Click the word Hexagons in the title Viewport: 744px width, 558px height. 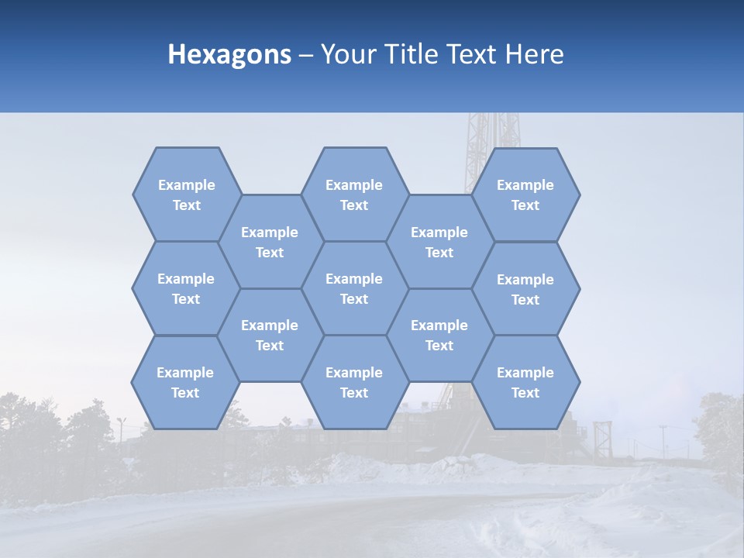[x=229, y=54]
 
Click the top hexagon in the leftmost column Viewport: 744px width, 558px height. [x=186, y=195]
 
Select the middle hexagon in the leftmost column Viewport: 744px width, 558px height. [x=186, y=288]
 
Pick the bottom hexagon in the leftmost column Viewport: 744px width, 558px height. [x=185, y=382]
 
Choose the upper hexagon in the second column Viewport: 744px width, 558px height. [x=270, y=242]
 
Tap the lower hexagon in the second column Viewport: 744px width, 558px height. [x=270, y=335]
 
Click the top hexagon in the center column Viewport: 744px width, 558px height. [x=354, y=195]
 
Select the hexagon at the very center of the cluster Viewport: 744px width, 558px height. [x=354, y=288]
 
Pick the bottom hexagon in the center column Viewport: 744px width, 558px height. [x=354, y=382]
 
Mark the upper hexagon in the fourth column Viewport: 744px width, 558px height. [x=439, y=242]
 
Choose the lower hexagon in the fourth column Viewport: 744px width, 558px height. [x=439, y=335]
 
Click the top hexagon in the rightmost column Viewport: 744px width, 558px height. [x=525, y=195]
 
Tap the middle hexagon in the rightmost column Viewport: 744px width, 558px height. [x=525, y=289]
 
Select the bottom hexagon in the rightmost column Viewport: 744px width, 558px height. [x=525, y=382]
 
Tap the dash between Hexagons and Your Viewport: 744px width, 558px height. [x=306, y=56]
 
